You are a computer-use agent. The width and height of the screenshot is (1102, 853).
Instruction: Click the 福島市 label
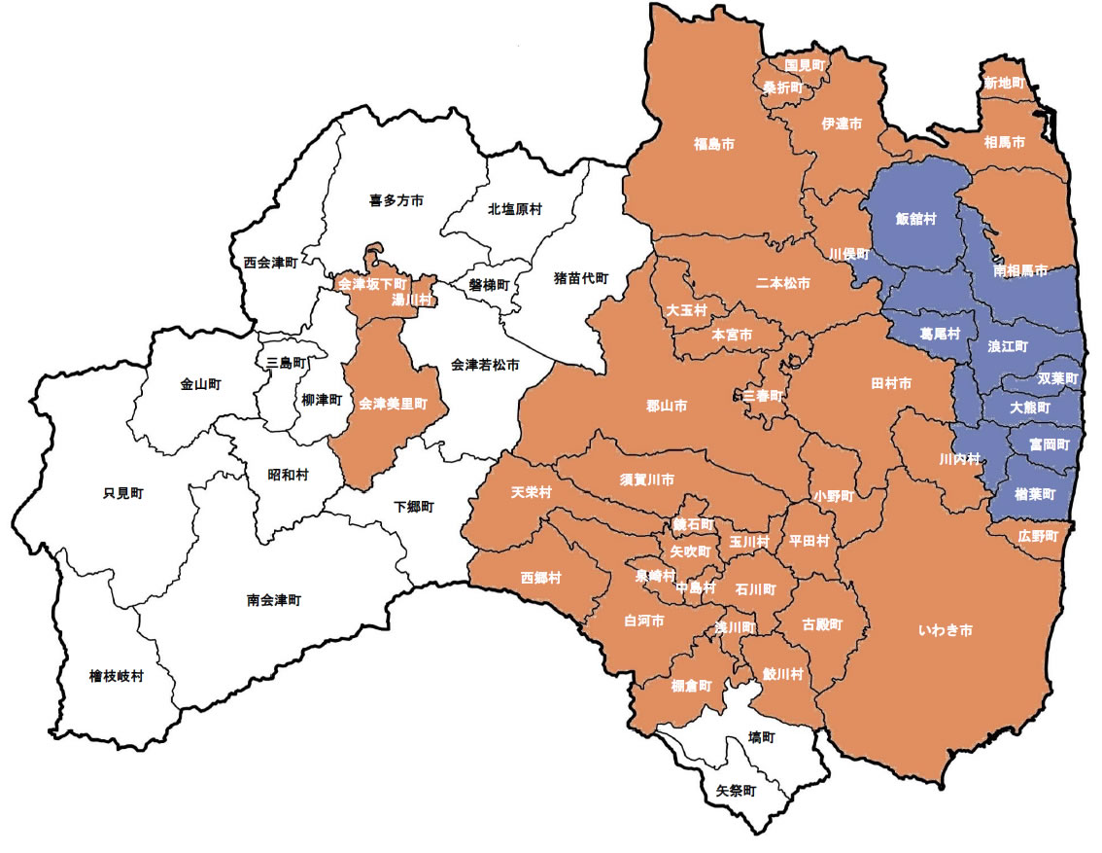713,144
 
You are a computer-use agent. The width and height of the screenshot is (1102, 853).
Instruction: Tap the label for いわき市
945,631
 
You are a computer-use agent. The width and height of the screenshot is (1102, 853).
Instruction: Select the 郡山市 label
667,406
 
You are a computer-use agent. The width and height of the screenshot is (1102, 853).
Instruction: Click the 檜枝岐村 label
117,675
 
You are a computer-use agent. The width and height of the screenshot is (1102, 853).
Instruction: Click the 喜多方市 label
396,200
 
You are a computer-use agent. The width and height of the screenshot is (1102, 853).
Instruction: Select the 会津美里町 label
393,403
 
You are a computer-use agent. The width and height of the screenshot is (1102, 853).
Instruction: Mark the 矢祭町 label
736,791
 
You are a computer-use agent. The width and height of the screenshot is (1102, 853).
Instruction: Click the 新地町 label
1004,84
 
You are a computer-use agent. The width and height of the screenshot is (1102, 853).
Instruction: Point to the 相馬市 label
1004,143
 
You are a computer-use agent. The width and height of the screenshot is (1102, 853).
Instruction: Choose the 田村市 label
891,384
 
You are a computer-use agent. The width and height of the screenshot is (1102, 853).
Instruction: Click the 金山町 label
200,384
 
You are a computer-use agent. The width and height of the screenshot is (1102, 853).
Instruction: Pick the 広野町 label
1038,536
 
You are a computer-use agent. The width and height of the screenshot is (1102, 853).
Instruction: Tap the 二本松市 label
782,283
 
